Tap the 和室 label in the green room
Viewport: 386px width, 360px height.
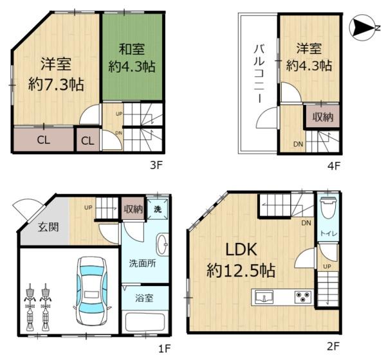click(131, 48)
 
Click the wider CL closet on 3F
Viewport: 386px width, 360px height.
click(44, 139)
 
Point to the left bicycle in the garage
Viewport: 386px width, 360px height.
click(30, 305)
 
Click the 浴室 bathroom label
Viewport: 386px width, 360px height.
click(145, 298)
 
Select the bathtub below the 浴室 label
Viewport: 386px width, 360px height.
click(145, 321)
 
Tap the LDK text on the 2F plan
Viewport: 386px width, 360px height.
click(241, 249)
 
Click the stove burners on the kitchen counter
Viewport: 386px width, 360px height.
click(302, 297)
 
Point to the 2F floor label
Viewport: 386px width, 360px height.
click(333, 347)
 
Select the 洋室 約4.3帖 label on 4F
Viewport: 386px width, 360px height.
click(309, 56)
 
